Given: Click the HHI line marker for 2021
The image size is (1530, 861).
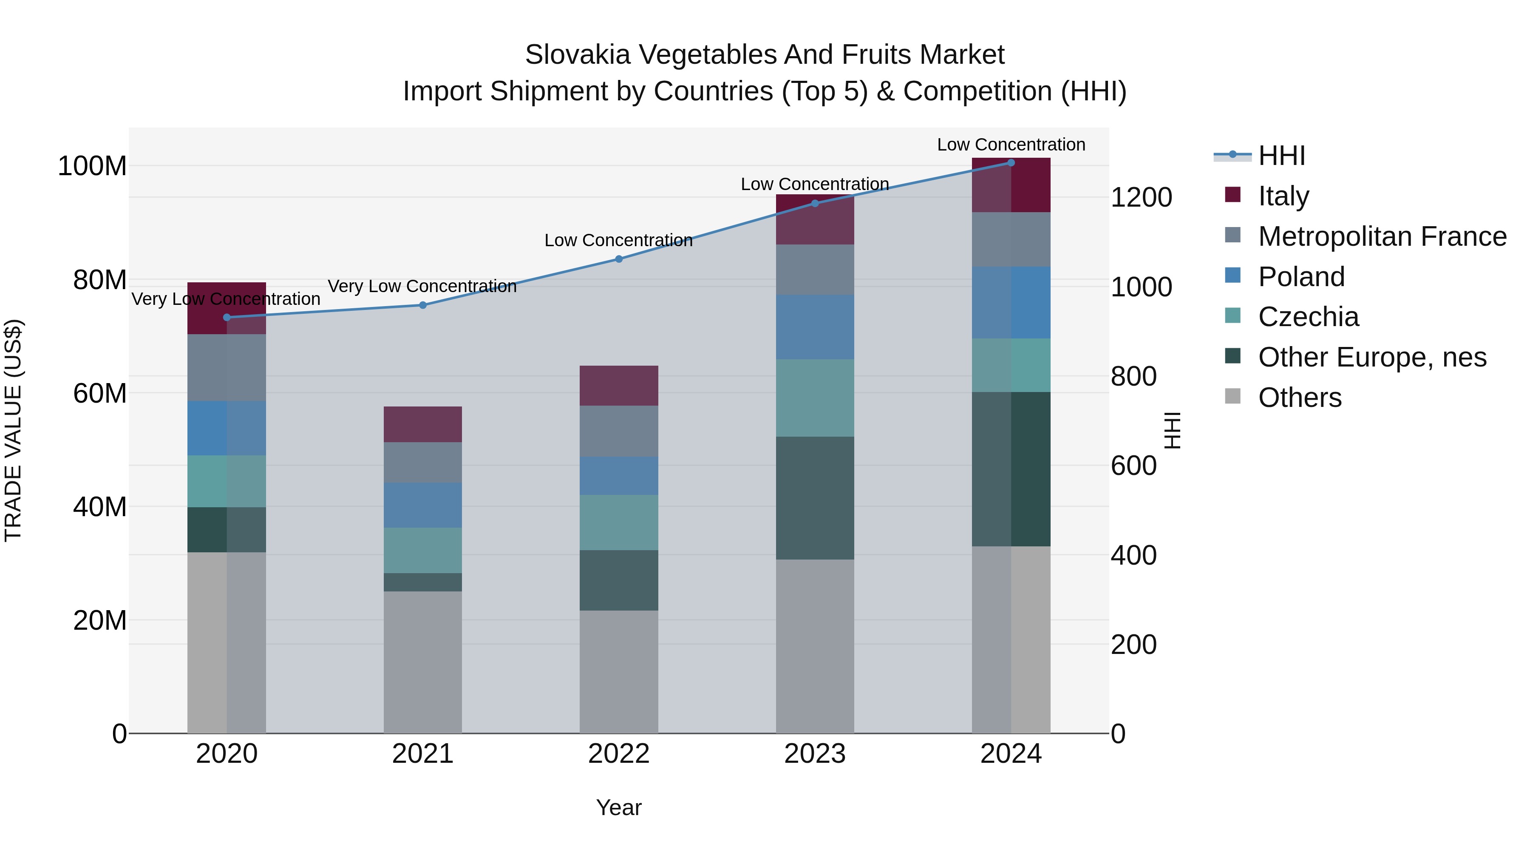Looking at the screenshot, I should coord(423,305).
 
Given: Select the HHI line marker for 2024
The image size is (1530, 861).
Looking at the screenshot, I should coord(1011,163).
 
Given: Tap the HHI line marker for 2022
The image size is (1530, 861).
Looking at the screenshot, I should coord(619,259).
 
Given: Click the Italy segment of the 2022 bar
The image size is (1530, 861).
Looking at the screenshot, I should coord(619,386).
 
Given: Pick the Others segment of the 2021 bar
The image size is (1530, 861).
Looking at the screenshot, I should coord(423,662).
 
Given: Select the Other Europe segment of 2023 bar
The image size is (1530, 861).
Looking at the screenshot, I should coord(815,498).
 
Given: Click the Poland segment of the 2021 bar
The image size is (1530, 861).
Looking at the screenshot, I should coord(423,505).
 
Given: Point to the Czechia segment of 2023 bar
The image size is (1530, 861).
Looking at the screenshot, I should coord(815,398).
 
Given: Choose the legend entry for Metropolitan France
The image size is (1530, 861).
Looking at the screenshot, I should coord(1382,236).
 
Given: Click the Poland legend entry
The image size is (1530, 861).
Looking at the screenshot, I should coord(1301,277).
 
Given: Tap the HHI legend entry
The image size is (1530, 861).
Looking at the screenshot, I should coord(1281,156).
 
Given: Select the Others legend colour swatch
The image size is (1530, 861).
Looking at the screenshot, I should coord(1233,396).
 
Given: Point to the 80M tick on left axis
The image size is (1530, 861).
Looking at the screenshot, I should coord(100,280).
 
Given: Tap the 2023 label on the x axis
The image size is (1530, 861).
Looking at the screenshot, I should coord(815,754).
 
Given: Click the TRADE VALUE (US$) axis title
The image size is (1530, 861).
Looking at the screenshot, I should coord(13,430).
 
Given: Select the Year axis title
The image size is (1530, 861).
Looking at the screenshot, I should coord(619,807).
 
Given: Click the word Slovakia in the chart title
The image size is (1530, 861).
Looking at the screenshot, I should coord(577,55).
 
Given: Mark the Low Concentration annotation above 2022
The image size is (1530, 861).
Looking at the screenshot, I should coord(619,240).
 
